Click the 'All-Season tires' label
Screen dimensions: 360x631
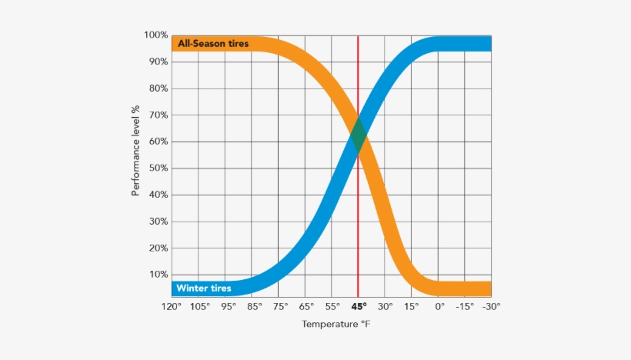point(213,44)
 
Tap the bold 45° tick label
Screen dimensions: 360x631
point(358,306)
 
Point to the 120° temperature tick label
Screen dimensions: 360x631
point(172,306)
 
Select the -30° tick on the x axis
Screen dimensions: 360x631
point(491,306)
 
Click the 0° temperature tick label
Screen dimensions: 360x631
point(439,306)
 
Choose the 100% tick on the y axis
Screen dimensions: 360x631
point(156,35)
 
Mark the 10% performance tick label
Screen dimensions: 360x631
point(158,275)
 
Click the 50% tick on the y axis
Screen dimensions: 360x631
point(158,168)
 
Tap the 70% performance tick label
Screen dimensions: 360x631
point(158,115)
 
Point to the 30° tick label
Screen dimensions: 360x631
point(385,306)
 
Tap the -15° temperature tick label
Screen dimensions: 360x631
point(464,306)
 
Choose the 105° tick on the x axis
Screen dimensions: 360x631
point(199,306)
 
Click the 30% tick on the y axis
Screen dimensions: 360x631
point(158,222)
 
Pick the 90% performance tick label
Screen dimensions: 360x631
point(158,62)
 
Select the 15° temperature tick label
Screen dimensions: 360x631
point(412,306)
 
